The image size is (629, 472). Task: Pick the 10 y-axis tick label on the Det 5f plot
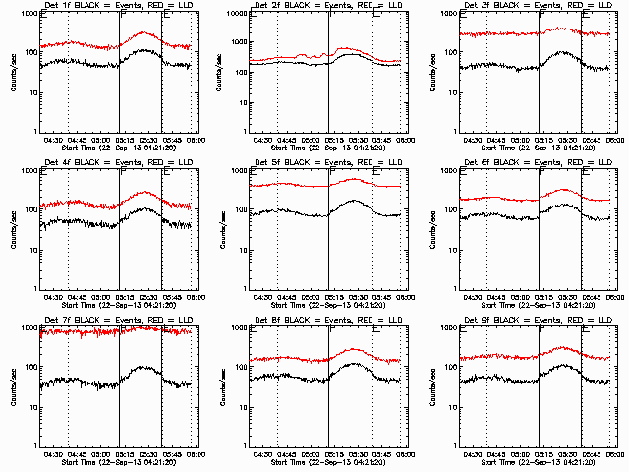pyautogui.click(x=239, y=250)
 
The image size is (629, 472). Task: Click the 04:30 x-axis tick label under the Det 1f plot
pyautogui.click(x=56, y=141)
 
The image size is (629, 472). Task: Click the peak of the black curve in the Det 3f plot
pyautogui.click(x=563, y=52)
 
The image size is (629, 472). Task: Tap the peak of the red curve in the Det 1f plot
pyautogui.click(x=144, y=32)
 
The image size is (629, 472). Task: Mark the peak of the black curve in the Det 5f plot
pyautogui.click(x=354, y=201)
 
